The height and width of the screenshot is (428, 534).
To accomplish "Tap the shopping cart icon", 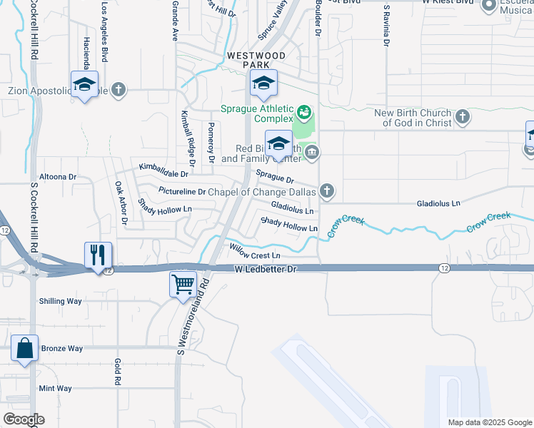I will pyautogui.click(x=183, y=283).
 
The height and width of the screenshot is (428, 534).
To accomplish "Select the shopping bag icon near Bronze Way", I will pyautogui.click(x=24, y=350).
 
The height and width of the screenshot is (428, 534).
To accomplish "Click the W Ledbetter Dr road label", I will pyautogui.click(x=265, y=269).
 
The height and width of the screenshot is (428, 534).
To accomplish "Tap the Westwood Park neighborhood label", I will pyautogui.click(x=256, y=60).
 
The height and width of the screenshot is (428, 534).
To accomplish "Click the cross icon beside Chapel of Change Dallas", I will pyautogui.click(x=327, y=190).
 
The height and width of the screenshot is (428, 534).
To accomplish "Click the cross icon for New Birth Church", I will pyautogui.click(x=463, y=116).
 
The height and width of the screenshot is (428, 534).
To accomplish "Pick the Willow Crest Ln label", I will pyautogui.click(x=254, y=251).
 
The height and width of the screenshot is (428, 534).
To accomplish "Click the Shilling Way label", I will pyautogui.click(x=61, y=301).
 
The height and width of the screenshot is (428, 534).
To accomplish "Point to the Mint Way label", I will pyautogui.click(x=56, y=388).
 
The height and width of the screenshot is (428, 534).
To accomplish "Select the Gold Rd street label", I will pyautogui.click(x=118, y=372).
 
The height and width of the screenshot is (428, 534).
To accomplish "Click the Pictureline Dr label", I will pyautogui.click(x=181, y=192).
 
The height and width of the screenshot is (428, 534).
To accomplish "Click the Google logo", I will pyautogui.click(x=24, y=419).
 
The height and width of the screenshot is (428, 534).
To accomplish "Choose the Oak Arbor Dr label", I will pyautogui.click(x=120, y=203).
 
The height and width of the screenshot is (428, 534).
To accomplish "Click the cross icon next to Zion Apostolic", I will pyautogui.click(x=119, y=90).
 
